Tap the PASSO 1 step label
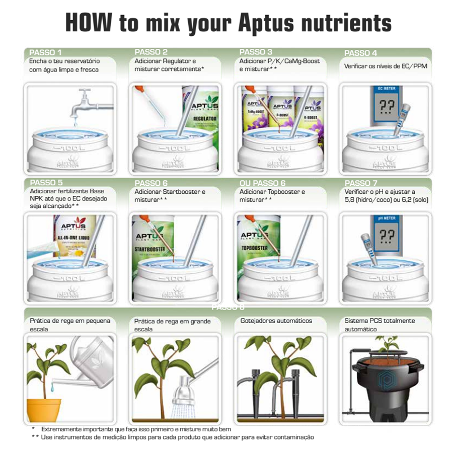[x=46, y=52]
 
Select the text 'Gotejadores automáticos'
[x=276, y=321]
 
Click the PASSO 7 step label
[x=361, y=183]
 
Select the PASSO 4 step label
[x=360, y=52]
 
